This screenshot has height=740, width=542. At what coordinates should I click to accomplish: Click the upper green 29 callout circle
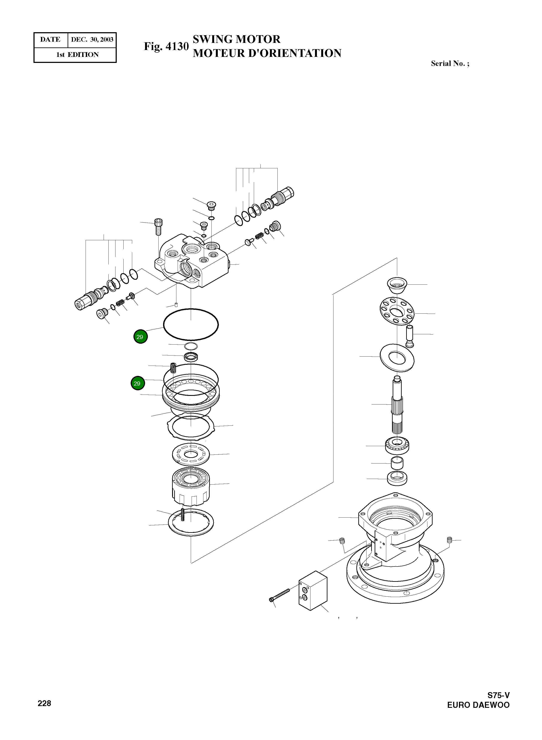coord(140,337)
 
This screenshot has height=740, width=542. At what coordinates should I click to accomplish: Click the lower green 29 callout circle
coord(138,383)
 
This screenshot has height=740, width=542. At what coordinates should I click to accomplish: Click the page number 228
coord(44,703)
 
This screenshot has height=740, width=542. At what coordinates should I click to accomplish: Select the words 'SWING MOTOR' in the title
coord(236,39)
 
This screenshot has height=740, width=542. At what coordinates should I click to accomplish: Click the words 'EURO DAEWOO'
coord(478,705)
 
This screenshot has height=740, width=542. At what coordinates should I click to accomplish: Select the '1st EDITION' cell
coord(77,55)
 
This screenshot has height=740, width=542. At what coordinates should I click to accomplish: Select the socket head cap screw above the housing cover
coord(158,227)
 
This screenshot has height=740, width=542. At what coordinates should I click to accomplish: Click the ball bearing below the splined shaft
coord(397,446)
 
